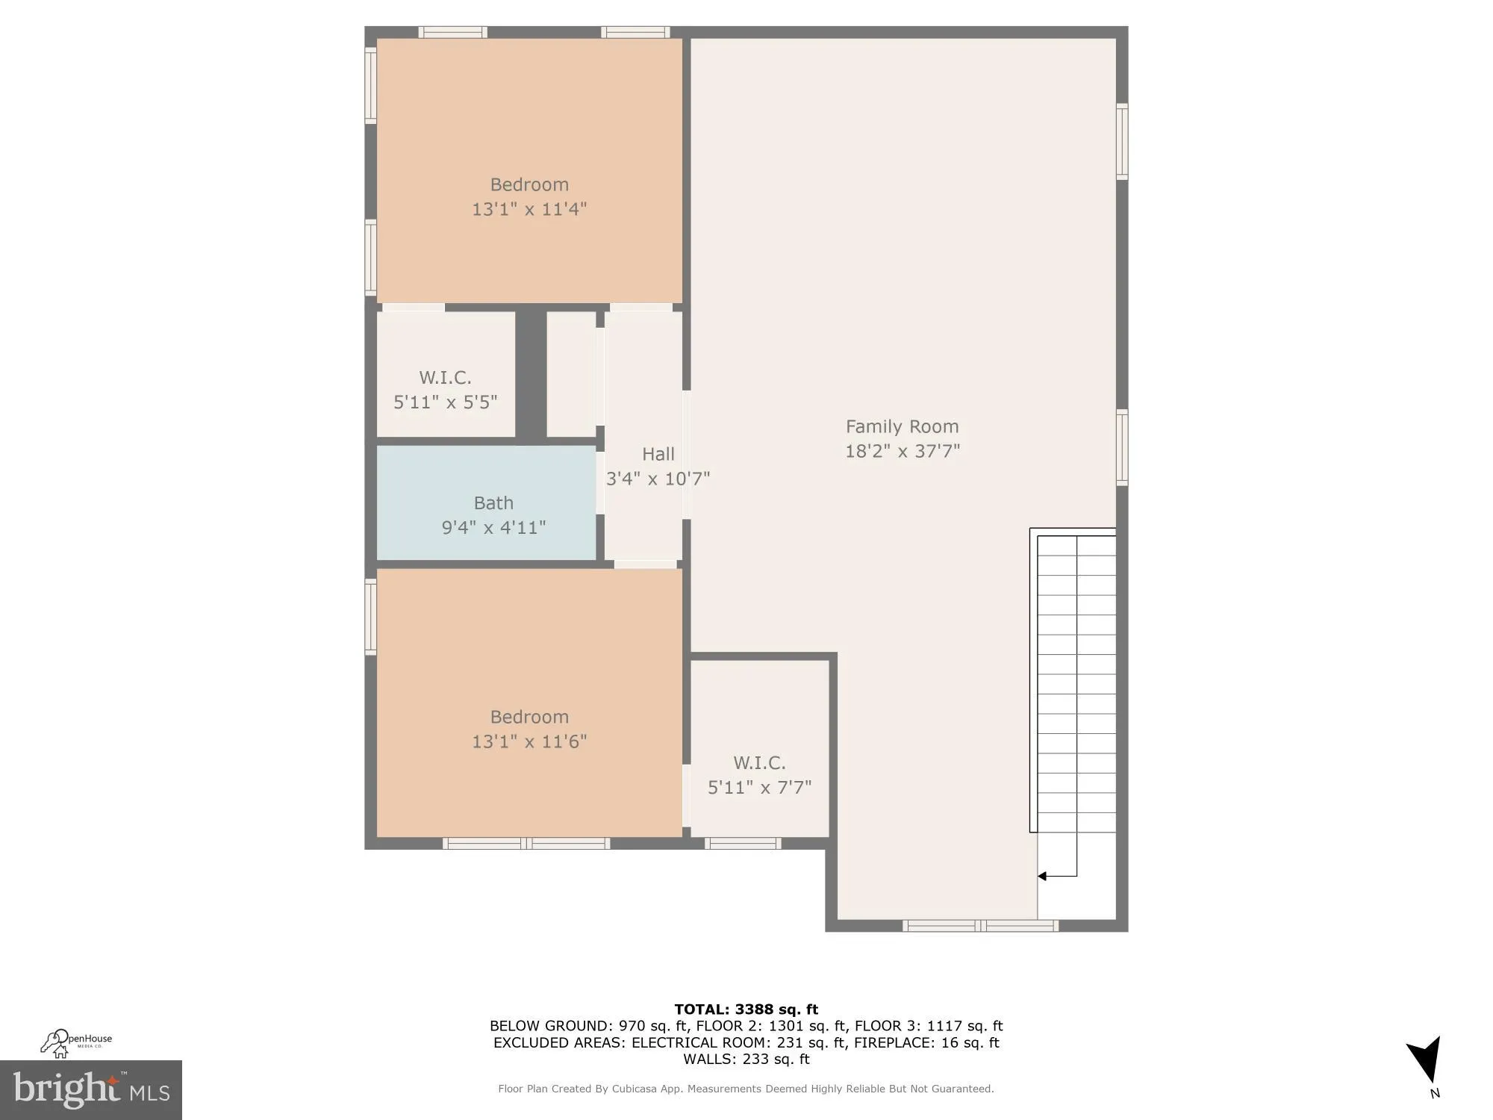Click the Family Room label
pos(902,426)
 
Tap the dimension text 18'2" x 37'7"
pos(902,451)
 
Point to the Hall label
pos(658,454)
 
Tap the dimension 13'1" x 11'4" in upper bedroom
pos(529,209)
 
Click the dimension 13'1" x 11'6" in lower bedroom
pos(529,741)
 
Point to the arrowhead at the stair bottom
pos(1042,876)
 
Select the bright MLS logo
pos(91,1090)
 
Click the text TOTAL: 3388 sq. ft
pos(746,1009)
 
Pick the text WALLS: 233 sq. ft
pos(746,1059)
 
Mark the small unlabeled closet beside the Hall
pos(571,374)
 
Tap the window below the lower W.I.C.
pos(743,844)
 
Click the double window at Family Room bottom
pos(980,926)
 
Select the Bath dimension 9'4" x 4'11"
pos(493,528)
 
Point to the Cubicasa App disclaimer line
pos(746,1089)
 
